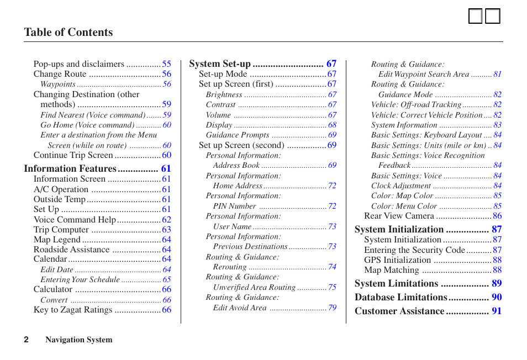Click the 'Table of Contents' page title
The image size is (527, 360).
coord(68,33)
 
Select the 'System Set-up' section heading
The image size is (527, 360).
coord(220,64)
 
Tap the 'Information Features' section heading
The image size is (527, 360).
coord(70,169)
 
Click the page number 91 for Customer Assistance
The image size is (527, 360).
coord(497,311)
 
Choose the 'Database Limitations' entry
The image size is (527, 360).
coord(400,298)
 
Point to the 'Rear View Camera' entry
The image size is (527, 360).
coord(399,216)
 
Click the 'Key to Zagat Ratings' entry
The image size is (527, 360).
coord(72,310)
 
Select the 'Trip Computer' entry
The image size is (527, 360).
coord(61,230)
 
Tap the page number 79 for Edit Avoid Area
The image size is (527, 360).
coord(332,308)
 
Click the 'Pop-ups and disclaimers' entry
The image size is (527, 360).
coord(78,64)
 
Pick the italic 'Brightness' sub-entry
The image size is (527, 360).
coord(224,95)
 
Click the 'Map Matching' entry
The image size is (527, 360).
coord(391,270)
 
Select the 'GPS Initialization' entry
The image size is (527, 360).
coord(397,260)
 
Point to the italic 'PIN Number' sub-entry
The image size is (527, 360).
coord(234,207)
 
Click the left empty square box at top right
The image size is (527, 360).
coord(475,17)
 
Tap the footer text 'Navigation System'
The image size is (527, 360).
coord(78,340)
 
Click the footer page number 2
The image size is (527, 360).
coord(26,340)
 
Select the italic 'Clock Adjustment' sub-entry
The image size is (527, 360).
coord(400,186)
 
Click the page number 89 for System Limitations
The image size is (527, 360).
coord(497,284)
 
